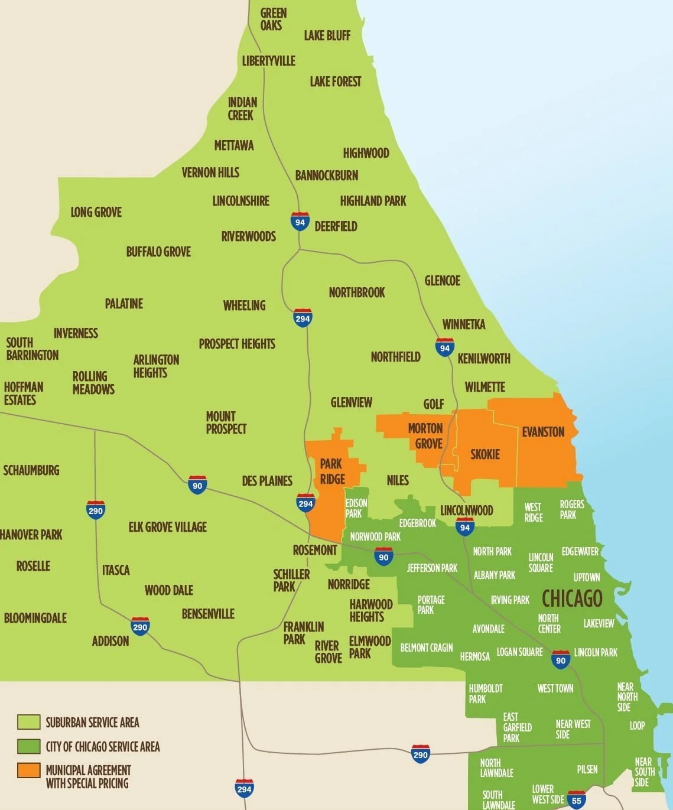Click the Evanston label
(x=543, y=432)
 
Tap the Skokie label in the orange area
(x=485, y=454)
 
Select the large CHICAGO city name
(x=572, y=598)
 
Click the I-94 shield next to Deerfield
(x=300, y=222)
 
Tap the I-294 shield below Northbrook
(x=303, y=318)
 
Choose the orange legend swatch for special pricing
(x=28, y=770)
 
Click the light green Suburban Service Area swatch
(x=28, y=722)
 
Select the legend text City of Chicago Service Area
(x=103, y=747)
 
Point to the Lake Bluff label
(x=327, y=35)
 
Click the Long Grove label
(x=96, y=212)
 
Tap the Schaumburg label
(x=31, y=470)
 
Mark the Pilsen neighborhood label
(x=587, y=769)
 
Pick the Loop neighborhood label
(x=637, y=726)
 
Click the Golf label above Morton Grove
(x=433, y=404)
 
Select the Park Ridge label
(x=332, y=471)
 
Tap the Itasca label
(x=116, y=570)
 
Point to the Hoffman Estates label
(x=23, y=393)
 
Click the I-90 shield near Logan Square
(x=560, y=660)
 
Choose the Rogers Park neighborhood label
(x=571, y=509)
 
